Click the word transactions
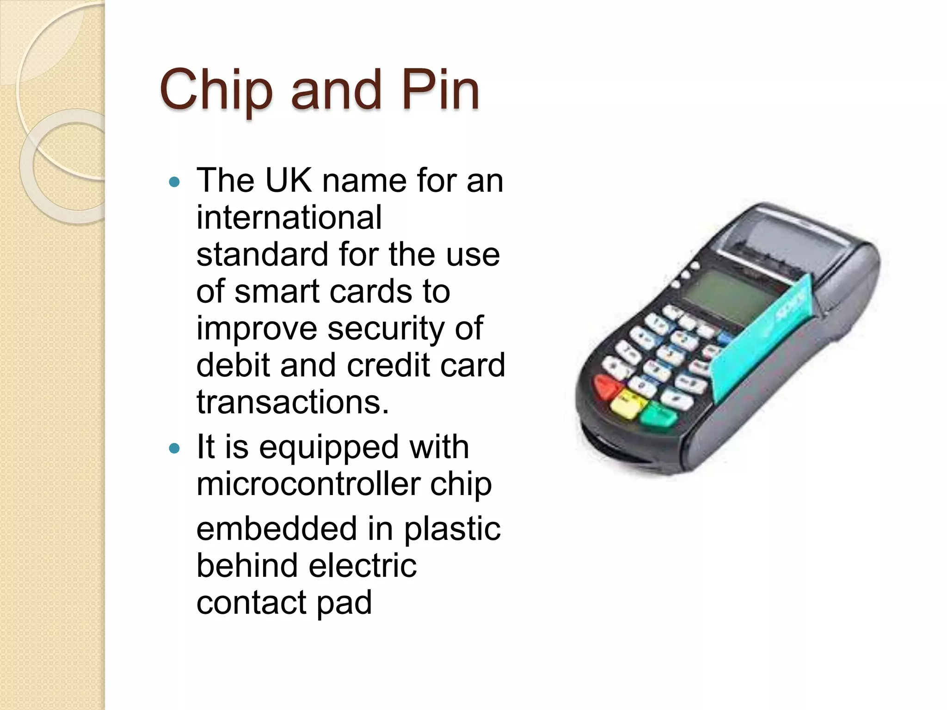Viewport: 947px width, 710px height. coord(292,402)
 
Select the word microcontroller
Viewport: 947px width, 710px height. coord(307,484)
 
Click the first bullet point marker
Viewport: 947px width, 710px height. coord(174,182)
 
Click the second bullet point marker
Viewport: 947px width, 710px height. coord(174,448)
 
